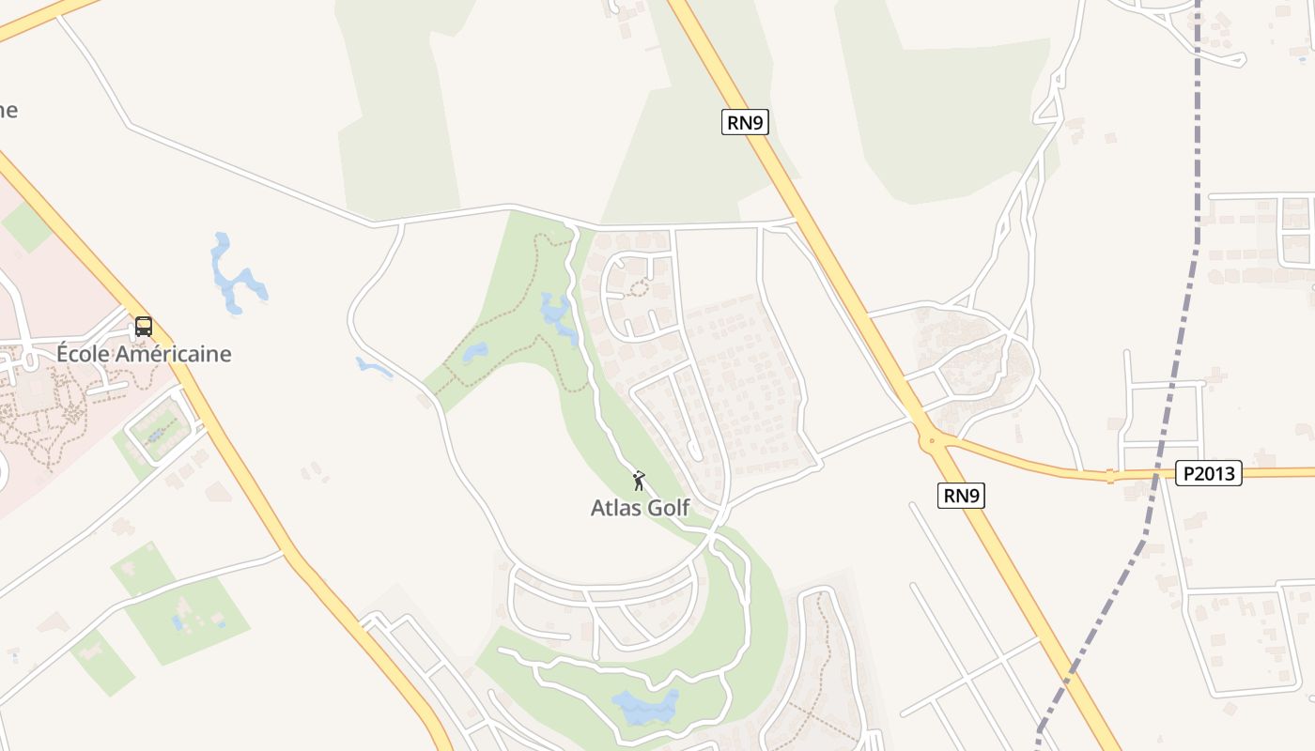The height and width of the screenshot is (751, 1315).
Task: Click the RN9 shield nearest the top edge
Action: [745, 122]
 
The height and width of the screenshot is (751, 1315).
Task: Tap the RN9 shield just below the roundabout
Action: [961, 496]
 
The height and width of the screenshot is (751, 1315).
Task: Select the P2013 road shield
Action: [1208, 473]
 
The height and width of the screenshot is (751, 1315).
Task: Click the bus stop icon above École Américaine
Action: [144, 327]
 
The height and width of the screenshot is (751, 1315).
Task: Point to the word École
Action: [83, 354]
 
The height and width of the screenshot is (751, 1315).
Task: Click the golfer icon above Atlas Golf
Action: [639, 481]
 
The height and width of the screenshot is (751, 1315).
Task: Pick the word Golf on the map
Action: [667, 508]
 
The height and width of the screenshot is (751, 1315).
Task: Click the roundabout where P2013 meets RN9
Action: [929, 438]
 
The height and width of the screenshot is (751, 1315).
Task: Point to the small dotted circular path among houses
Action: [639, 287]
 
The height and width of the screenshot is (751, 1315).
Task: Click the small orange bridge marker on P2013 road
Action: [1110, 476]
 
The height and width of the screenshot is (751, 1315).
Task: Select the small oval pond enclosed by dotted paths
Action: [475, 352]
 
